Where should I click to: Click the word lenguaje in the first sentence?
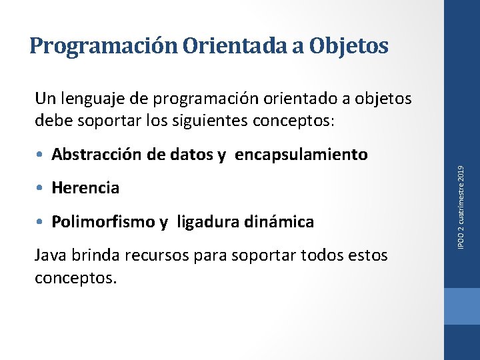tap(90, 99)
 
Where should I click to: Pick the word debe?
tap(51, 122)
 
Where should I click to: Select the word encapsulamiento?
tap(301, 155)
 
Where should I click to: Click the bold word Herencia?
tap(85, 188)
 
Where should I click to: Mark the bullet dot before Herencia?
tap(41, 188)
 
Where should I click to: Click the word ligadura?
tap(206, 221)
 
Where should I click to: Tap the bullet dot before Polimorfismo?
tap(41, 221)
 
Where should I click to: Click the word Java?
tap(50, 255)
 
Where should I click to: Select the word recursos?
tap(158, 255)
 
